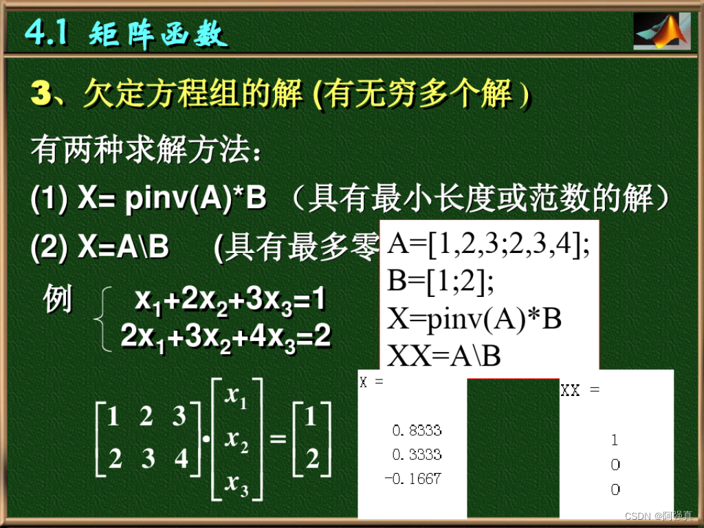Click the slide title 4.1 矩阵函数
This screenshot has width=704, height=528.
(126, 32)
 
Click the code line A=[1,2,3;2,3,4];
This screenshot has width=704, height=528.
(489, 245)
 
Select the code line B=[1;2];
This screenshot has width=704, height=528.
(441, 282)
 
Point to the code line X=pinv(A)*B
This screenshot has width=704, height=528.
(475, 319)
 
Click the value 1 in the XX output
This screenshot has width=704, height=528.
(615, 440)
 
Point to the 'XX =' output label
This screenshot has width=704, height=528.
(580, 390)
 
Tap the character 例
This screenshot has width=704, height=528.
(58, 300)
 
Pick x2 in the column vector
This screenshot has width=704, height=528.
(236, 439)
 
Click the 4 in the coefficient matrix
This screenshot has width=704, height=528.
(181, 458)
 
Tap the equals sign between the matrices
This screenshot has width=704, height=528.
(278, 438)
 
